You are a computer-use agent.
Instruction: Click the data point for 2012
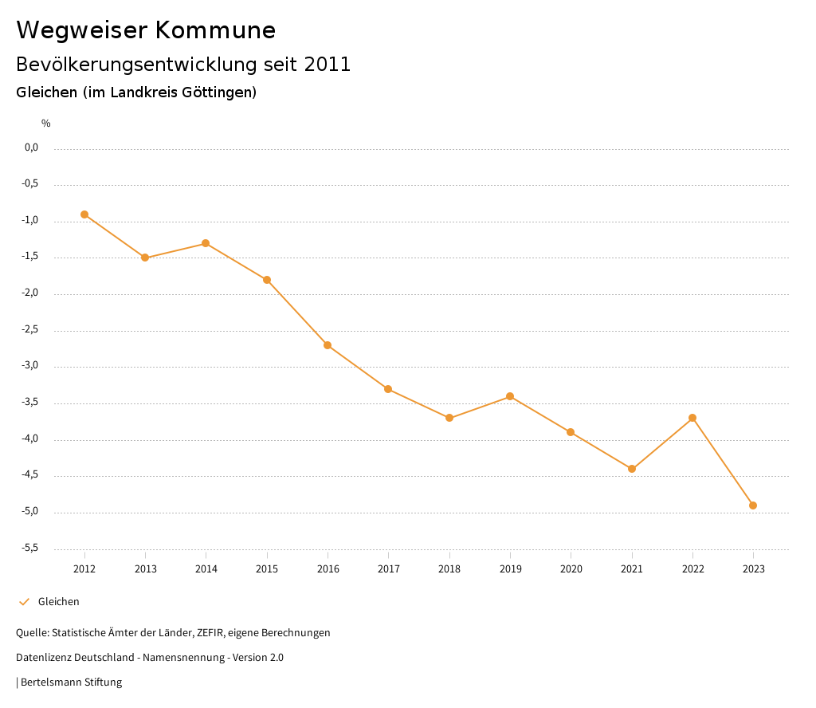coord(84,214)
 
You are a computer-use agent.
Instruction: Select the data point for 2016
coord(328,345)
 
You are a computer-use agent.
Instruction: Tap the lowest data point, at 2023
coord(753,505)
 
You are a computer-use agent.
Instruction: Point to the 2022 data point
coord(692,418)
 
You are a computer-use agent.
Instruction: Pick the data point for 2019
coord(510,396)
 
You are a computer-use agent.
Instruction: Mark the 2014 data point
coord(206,243)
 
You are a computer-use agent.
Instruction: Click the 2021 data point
coord(632,469)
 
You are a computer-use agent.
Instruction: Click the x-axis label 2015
coord(267,569)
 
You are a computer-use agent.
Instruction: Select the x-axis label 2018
coord(449,569)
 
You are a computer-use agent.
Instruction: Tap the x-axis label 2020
coord(571,569)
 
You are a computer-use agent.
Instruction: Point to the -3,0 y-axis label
coord(31,366)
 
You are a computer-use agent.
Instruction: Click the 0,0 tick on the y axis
coord(32,147)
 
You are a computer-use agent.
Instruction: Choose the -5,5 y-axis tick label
coord(31,548)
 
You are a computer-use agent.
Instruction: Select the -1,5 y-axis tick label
coord(31,257)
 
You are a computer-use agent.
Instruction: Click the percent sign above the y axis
coord(46,124)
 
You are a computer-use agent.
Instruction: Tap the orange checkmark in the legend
coord(24,602)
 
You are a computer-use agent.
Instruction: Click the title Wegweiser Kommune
coord(146,30)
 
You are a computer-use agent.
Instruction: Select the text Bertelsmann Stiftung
coord(71,682)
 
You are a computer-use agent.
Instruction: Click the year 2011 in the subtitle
coord(328,65)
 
